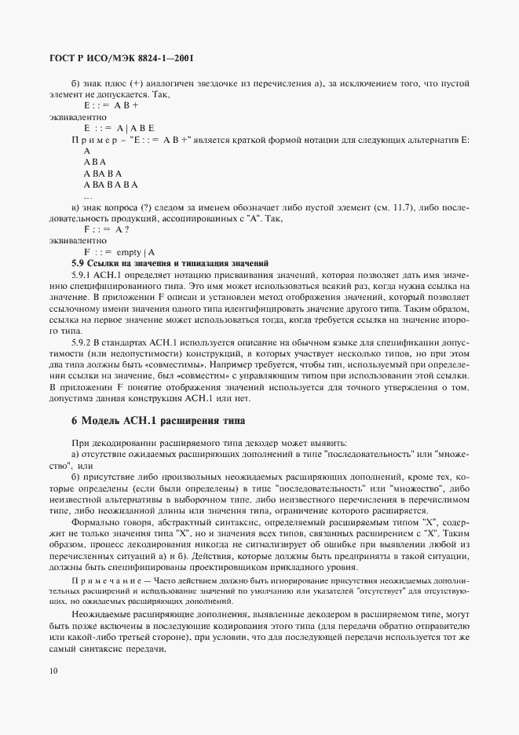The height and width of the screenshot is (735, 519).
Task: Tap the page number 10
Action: click(x=53, y=671)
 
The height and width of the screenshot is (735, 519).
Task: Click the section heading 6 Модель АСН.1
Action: click(x=158, y=421)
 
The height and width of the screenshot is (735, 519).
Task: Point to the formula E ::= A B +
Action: click(x=111, y=105)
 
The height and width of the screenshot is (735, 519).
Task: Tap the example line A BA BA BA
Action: click(x=111, y=185)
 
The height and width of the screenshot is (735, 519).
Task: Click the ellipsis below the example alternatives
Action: click(x=88, y=196)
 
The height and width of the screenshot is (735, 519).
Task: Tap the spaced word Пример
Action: click(x=95, y=139)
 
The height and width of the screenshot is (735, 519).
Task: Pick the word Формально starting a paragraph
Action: click(x=95, y=522)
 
